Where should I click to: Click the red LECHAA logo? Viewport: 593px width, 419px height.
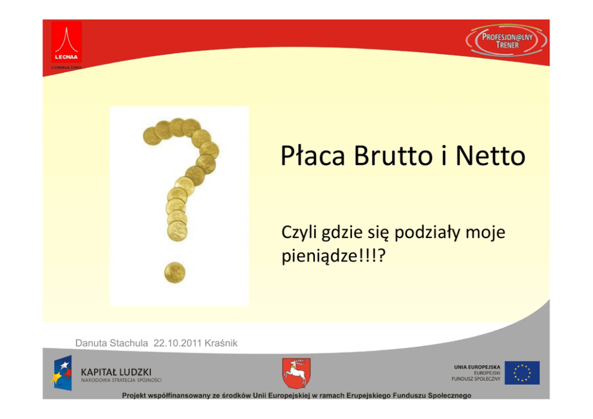tap(66, 42)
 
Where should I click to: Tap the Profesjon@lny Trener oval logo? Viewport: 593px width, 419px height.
tap(506, 41)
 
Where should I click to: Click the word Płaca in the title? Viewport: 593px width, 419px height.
tap(313, 156)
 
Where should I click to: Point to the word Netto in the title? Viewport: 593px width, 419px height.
tap(491, 156)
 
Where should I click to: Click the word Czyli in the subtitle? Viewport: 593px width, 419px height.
tap(299, 233)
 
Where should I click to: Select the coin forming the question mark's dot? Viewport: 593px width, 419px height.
tap(175, 273)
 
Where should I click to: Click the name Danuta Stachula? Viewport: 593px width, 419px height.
tap(112, 343)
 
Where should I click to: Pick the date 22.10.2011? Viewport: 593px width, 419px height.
tap(178, 343)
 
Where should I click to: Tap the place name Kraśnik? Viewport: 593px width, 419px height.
tap(221, 343)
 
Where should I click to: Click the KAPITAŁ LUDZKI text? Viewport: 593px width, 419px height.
tap(116, 372)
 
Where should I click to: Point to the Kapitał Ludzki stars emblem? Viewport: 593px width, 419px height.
tap(62, 372)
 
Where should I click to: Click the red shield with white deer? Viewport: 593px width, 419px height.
tap(296, 373)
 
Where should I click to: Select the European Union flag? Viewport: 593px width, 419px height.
tap(522, 373)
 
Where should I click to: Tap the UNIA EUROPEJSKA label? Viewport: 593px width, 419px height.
tap(477, 367)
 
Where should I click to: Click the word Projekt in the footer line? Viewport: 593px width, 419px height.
tap(135, 396)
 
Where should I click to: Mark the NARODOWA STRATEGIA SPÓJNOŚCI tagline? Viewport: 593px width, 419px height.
tap(121, 380)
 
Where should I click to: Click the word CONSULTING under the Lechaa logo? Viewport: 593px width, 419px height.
tap(66, 67)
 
